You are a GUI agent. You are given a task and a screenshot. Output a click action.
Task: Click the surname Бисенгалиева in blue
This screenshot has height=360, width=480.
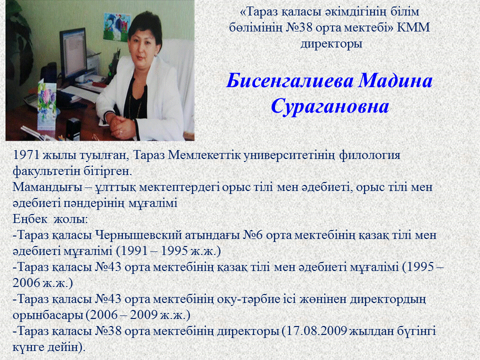(290, 81)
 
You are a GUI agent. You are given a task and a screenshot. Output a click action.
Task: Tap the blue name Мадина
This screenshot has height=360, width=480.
(395, 80)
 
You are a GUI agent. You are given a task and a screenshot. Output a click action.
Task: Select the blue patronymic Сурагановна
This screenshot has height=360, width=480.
(330, 107)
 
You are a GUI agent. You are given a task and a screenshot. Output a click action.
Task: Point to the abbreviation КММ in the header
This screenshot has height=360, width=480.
(413, 27)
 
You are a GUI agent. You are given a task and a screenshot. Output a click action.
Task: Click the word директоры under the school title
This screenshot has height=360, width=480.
(331, 44)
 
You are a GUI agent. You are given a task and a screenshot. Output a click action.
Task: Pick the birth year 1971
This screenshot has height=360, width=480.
(26, 155)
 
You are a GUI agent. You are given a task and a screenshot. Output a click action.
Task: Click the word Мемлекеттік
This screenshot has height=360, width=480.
(204, 155)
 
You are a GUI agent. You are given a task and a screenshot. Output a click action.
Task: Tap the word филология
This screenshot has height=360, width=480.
(369, 155)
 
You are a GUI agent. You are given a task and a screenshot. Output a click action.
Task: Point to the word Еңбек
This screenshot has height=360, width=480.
(30, 219)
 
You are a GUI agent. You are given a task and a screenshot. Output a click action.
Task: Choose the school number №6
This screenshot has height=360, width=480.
(253, 235)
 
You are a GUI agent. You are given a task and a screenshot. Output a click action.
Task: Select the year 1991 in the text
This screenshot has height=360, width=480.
(130, 251)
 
